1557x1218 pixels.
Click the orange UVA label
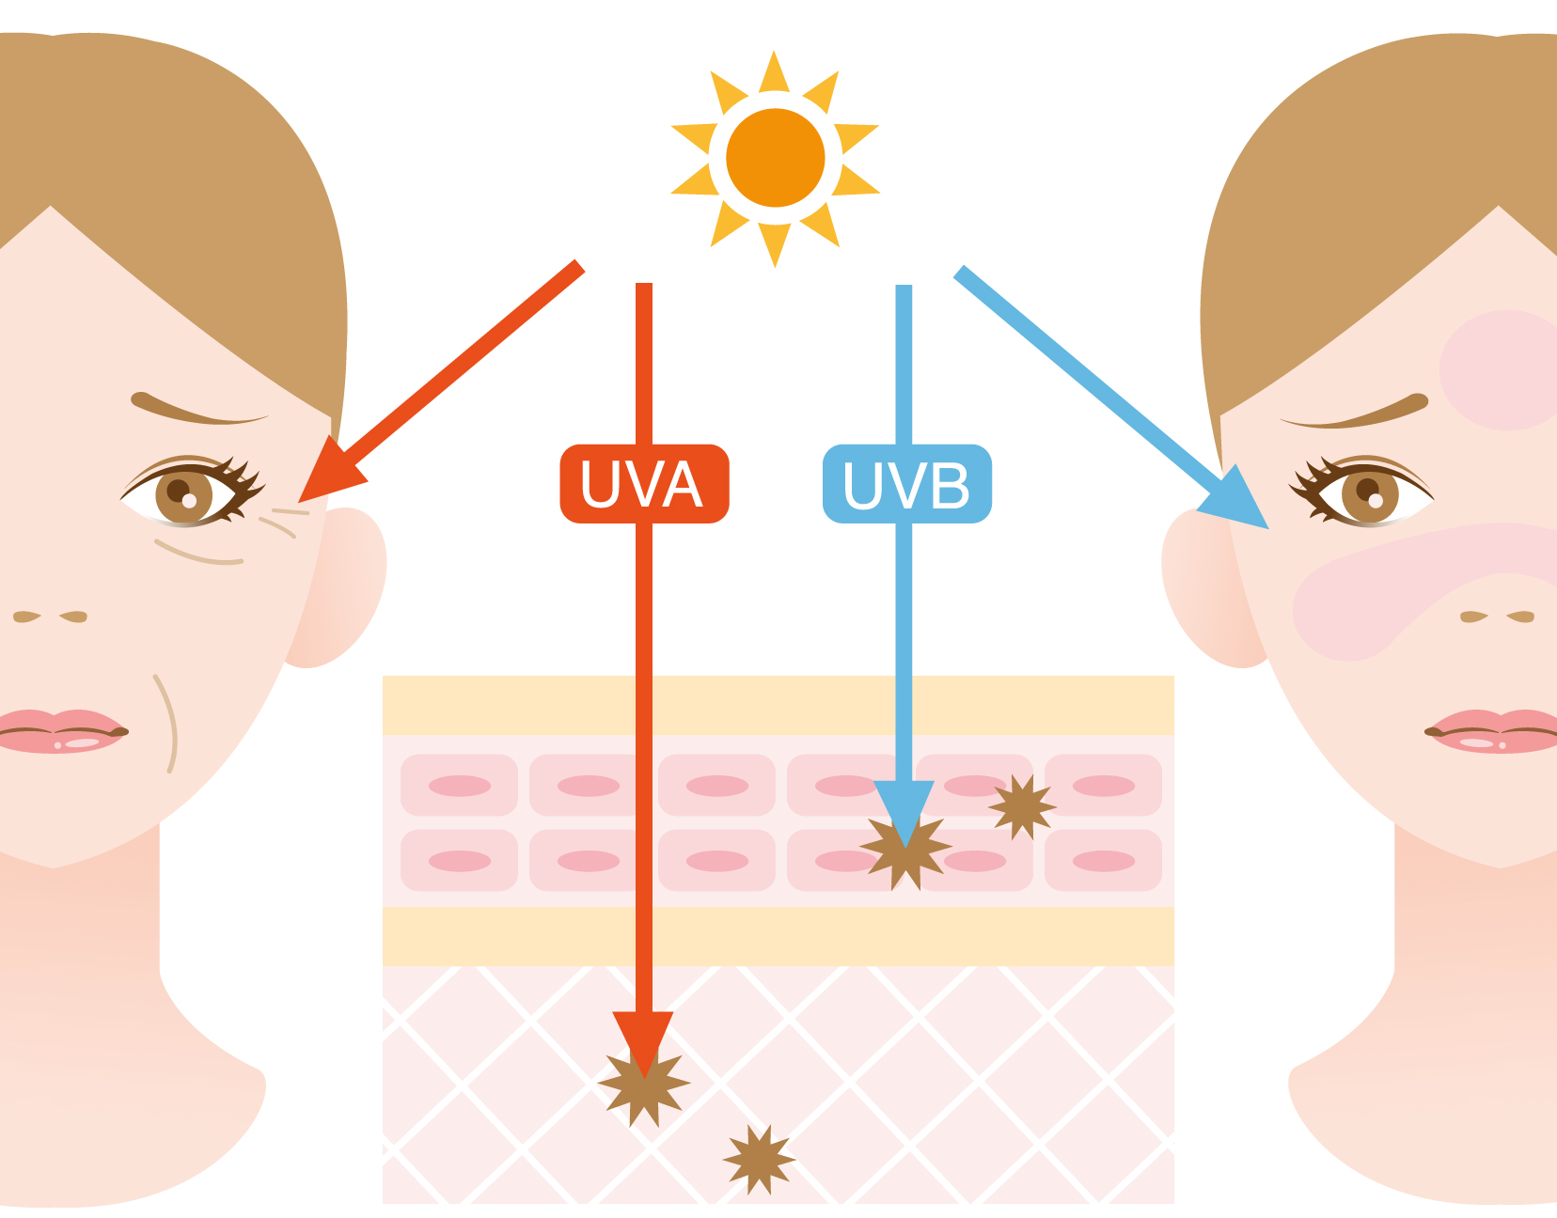[x=644, y=484]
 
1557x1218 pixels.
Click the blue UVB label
[x=907, y=484]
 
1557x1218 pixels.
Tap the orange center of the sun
[x=776, y=158]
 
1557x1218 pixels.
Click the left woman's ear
[x=337, y=587]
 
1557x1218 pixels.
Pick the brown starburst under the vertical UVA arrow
[x=644, y=1084]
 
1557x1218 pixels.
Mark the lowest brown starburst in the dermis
[x=759, y=1160]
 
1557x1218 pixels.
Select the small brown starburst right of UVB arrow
[x=1022, y=807]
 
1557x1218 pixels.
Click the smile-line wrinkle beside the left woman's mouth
[x=169, y=724]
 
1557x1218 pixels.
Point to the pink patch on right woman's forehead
[x=1502, y=369]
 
